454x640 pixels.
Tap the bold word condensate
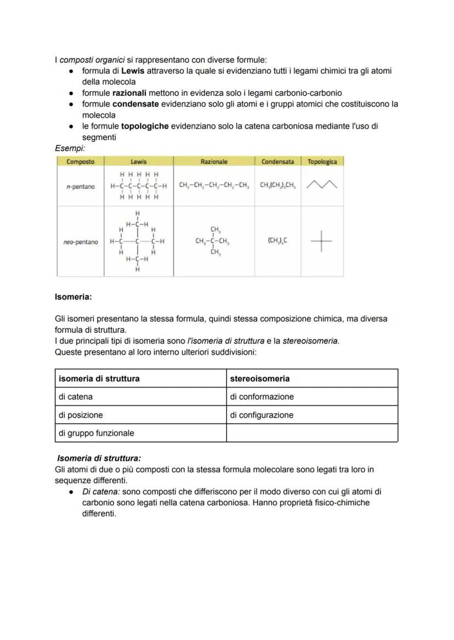pos(135,104)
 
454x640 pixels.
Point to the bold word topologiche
pos(144,126)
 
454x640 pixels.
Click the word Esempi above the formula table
pos(70,148)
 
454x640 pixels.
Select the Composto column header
pos(80,162)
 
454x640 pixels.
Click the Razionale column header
pos(214,162)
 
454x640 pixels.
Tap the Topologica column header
pos(322,162)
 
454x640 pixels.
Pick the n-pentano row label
pos(80,187)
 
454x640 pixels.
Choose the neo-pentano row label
pos(80,242)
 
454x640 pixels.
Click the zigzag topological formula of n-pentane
pos(322,186)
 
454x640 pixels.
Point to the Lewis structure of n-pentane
pos(139,186)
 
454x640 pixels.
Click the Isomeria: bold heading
pos(73,297)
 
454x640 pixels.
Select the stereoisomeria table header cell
pos(259,378)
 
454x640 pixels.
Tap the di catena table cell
pos(76,396)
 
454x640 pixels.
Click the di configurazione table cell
pos(262,415)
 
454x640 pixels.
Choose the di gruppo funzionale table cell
pos(96,433)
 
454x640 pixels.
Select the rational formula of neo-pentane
pos(213,241)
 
